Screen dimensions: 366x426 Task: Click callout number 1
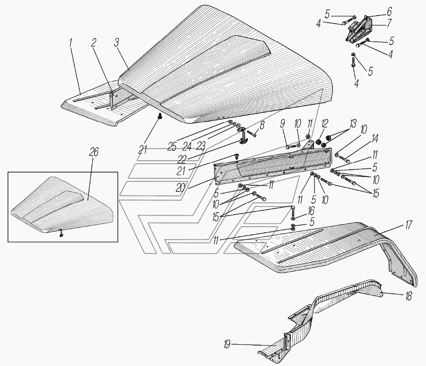(x=71, y=41)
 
